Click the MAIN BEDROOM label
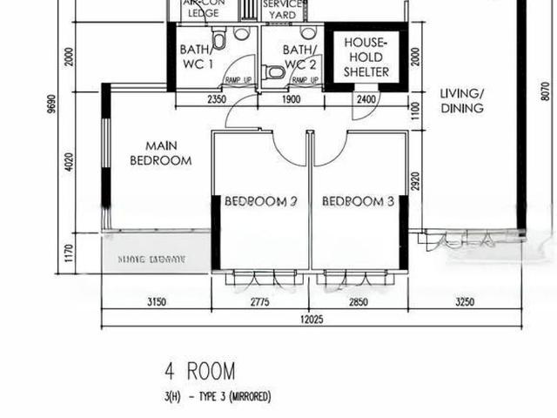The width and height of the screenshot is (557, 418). tap(160, 153)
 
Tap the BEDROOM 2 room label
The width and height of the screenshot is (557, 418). tap(261, 201)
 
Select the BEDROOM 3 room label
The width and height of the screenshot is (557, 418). tap(359, 201)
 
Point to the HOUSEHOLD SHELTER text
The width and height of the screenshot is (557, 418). tap(366, 57)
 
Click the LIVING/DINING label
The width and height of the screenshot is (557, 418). tap(461, 101)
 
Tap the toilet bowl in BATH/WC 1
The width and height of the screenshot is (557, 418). tap(220, 37)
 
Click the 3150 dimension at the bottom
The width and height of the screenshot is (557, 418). tap(157, 302)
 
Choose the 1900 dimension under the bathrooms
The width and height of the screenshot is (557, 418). tap(291, 99)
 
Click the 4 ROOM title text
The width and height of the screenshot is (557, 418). tap(199, 372)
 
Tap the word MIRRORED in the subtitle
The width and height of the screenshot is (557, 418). tap(245, 397)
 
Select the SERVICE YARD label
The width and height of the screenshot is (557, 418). tap(283, 10)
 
